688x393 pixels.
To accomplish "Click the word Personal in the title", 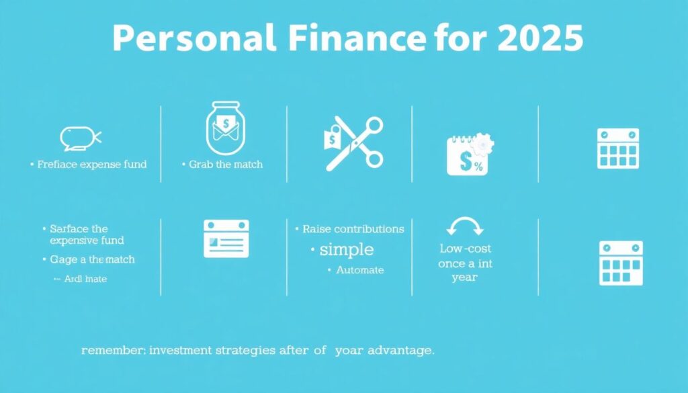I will (x=193, y=39).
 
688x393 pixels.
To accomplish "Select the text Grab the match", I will (x=225, y=164).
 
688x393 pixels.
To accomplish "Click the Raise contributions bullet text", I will (x=353, y=229).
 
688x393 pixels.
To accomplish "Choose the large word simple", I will (x=347, y=249).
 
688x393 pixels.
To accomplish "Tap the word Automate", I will (x=360, y=270).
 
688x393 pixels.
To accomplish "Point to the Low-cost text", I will (x=466, y=249).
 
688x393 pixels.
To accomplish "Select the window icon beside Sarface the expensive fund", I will (x=226, y=238).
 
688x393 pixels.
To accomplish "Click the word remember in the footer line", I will (x=107, y=351).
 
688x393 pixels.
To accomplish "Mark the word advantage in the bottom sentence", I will (x=396, y=351).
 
